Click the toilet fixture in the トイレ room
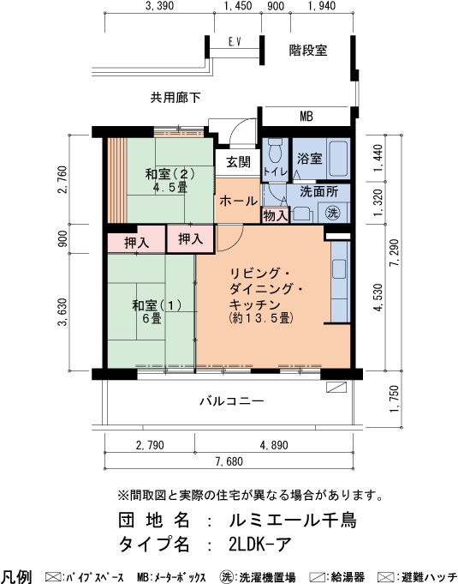[x=275, y=150]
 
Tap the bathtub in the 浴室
[x=338, y=159]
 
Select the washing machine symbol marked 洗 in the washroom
[x=333, y=213]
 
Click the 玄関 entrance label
[x=238, y=161]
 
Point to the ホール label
[x=238, y=202]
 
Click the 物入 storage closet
[x=276, y=215]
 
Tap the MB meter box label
[x=306, y=117]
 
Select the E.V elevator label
[x=235, y=42]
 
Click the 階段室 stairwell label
[x=308, y=51]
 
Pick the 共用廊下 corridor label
[x=175, y=98]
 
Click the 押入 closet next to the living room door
[x=190, y=239]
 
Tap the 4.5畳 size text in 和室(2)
[x=170, y=187]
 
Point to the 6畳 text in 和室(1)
[x=152, y=318]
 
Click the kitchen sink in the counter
[x=339, y=269]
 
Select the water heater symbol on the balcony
[x=336, y=387]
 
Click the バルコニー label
[x=232, y=401]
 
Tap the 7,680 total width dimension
[x=229, y=461]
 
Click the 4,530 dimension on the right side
[x=378, y=298]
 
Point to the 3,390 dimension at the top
[x=159, y=6]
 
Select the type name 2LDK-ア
[x=260, y=545]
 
